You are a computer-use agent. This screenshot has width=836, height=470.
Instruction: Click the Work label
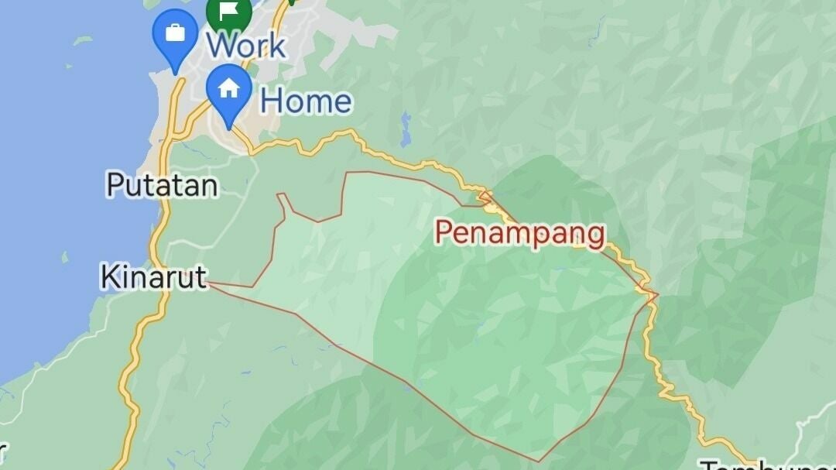pos(246,45)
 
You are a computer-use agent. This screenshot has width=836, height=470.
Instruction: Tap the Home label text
pos(306,101)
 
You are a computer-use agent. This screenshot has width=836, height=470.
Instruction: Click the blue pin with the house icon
pos(229,89)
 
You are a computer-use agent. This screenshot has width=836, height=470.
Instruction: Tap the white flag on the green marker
pos(229,11)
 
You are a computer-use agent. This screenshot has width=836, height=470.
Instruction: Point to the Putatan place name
pos(162,185)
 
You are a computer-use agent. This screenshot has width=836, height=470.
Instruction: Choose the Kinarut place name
pos(155,276)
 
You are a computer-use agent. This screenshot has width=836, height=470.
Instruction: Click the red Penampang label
pos(519,232)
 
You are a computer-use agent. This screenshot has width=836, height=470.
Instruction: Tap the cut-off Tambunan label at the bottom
pos(766,465)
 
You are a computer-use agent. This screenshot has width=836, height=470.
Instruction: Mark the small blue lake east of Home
pos(406,130)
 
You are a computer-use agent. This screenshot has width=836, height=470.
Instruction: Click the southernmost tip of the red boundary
pos(540,462)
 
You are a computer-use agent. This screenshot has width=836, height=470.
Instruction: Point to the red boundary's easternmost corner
pos(658,294)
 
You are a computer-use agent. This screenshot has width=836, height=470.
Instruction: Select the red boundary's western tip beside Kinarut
pos(211,284)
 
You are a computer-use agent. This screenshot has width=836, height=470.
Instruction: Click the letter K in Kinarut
pos(109,276)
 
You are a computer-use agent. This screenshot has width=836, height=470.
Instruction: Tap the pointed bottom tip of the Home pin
pos(229,127)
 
